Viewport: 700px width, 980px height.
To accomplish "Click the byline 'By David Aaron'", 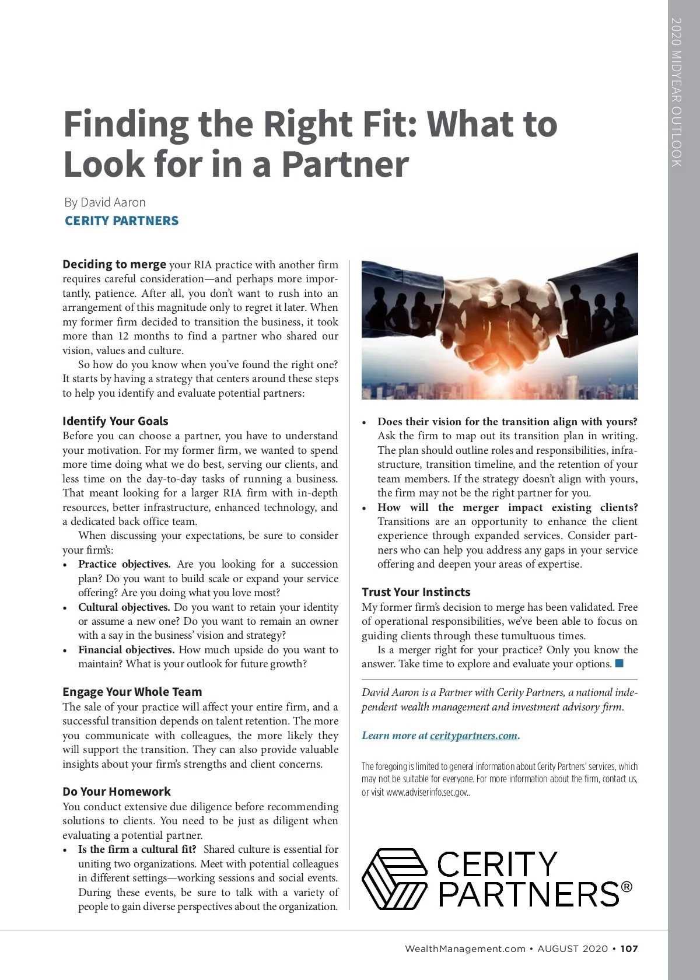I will coord(105,202).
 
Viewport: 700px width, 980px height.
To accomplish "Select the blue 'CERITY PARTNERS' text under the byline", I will coord(121,221).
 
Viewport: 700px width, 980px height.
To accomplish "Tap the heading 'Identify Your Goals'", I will coord(116,421).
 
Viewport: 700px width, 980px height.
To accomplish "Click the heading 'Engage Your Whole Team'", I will coord(132,692).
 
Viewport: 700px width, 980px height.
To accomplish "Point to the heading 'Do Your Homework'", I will coord(117,792).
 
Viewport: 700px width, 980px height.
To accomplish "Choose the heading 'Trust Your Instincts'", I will coord(416,592).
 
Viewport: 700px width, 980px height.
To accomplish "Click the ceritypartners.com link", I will coord(474,736).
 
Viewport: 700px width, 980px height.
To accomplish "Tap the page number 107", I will coord(629,949).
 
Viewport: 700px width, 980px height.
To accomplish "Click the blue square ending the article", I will coord(619,663).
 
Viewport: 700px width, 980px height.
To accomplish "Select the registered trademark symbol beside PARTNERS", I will coord(626,887).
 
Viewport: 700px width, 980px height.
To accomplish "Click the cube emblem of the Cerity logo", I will coord(395,878).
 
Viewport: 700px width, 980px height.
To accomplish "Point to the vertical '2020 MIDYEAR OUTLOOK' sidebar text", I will coord(677,92).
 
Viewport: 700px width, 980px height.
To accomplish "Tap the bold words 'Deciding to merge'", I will coord(114,264).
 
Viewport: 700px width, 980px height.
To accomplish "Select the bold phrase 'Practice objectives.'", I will coord(124,564).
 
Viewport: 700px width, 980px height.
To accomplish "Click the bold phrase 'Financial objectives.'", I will coord(126,650).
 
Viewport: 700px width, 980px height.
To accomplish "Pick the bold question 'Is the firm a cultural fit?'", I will coord(137,849).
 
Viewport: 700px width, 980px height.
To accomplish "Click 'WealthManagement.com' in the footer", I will coord(465,949).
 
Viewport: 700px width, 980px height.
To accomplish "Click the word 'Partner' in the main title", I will coord(345,164).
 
